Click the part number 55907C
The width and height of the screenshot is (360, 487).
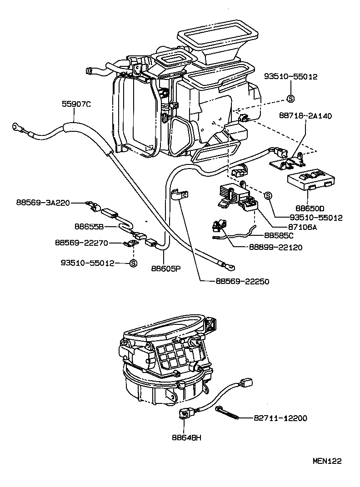[76, 104]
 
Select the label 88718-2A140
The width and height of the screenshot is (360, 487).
[305, 116]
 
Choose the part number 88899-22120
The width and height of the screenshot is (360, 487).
[275, 247]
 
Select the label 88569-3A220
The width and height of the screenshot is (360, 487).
[44, 203]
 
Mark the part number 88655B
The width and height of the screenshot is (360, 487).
[90, 226]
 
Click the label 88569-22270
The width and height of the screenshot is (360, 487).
[81, 243]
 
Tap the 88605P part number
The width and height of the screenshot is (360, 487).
[166, 268]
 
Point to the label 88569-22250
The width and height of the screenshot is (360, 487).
[239, 282]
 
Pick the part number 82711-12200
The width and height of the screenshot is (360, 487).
[284, 417]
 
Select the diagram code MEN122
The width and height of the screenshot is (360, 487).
[326, 461]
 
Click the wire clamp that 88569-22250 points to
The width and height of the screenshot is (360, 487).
[180, 196]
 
